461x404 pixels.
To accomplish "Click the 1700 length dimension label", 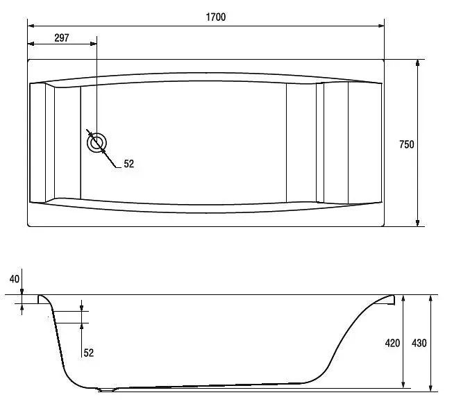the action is click(216, 17).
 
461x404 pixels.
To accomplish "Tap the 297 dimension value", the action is click(62, 38).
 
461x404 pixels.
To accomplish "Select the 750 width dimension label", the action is click(407, 144).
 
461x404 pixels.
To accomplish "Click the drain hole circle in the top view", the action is click(97, 143).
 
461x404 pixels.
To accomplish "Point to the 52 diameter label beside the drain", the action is click(128, 164).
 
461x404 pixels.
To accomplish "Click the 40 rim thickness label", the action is click(15, 279).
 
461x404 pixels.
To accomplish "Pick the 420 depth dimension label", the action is click(392, 343).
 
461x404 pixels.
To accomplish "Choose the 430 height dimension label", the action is click(419, 343).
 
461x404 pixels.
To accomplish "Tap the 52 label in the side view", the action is click(88, 353).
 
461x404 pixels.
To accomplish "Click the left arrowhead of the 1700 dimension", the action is click(31, 26).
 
